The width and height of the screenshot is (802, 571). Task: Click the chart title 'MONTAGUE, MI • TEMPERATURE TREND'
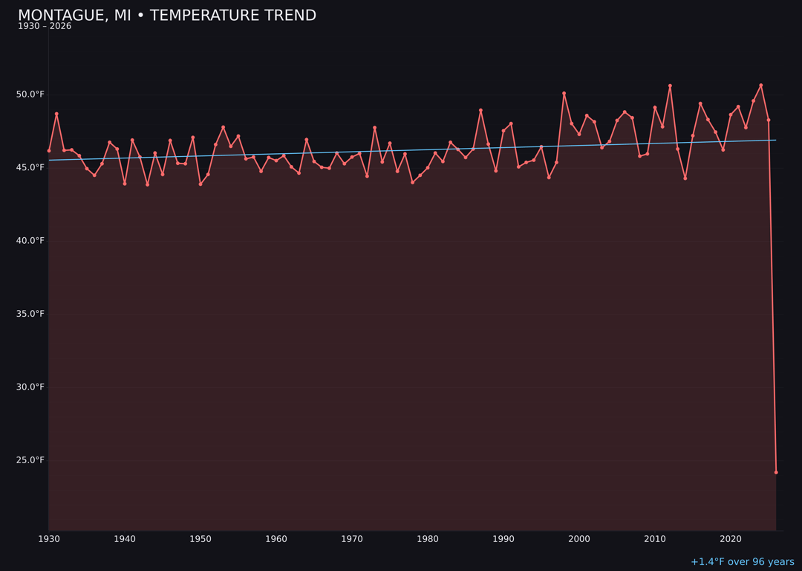pyautogui.click(x=167, y=16)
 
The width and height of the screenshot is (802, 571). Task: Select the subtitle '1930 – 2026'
pyautogui.click(x=45, y=27)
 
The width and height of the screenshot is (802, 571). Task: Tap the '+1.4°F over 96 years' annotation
pyautogui.click(x=742, y=562)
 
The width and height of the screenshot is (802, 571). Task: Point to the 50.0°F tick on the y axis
pyautogui.click(x=30, y=94)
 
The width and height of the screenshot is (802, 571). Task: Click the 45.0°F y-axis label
pyautogui.click(x=30, y=167)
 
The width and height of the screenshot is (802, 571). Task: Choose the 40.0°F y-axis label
pyautogui.click(x=30, y=241)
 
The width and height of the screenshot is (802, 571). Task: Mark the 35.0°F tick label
pyautogui.click(x=30, y=314)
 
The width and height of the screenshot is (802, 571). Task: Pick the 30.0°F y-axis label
pyautogui.click(x=30, y=387)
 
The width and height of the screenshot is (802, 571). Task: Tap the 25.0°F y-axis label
pyautogui.click(x=30, y=460)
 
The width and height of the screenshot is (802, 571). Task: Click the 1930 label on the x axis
pyautogui.click(x=49, y=539)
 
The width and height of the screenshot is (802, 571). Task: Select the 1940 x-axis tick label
pyautogui.click(x=125, y=539)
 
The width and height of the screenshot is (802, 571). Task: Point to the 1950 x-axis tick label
pyautogui.click(x=200, y=539)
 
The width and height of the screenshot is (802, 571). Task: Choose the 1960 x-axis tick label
pyautogui.click(x=276, y=539)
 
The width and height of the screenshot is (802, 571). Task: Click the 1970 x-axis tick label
pyautogui.click(x=352, y=539)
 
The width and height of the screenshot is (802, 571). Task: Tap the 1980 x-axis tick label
pyautogui.click(x=428, y=539)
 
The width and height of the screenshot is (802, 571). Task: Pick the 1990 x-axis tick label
pyautogui.click(x=503, y=539)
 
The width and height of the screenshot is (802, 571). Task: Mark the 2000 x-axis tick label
pyautogui.click(x=579, y=539)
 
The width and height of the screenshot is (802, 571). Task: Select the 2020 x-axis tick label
pyautogui.click(x=731, y=539)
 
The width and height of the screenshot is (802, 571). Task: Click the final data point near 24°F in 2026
pyautogui.click(x=776, y=472)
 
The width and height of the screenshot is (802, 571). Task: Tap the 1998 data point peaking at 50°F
pyautogui.click(x=564, y=94)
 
